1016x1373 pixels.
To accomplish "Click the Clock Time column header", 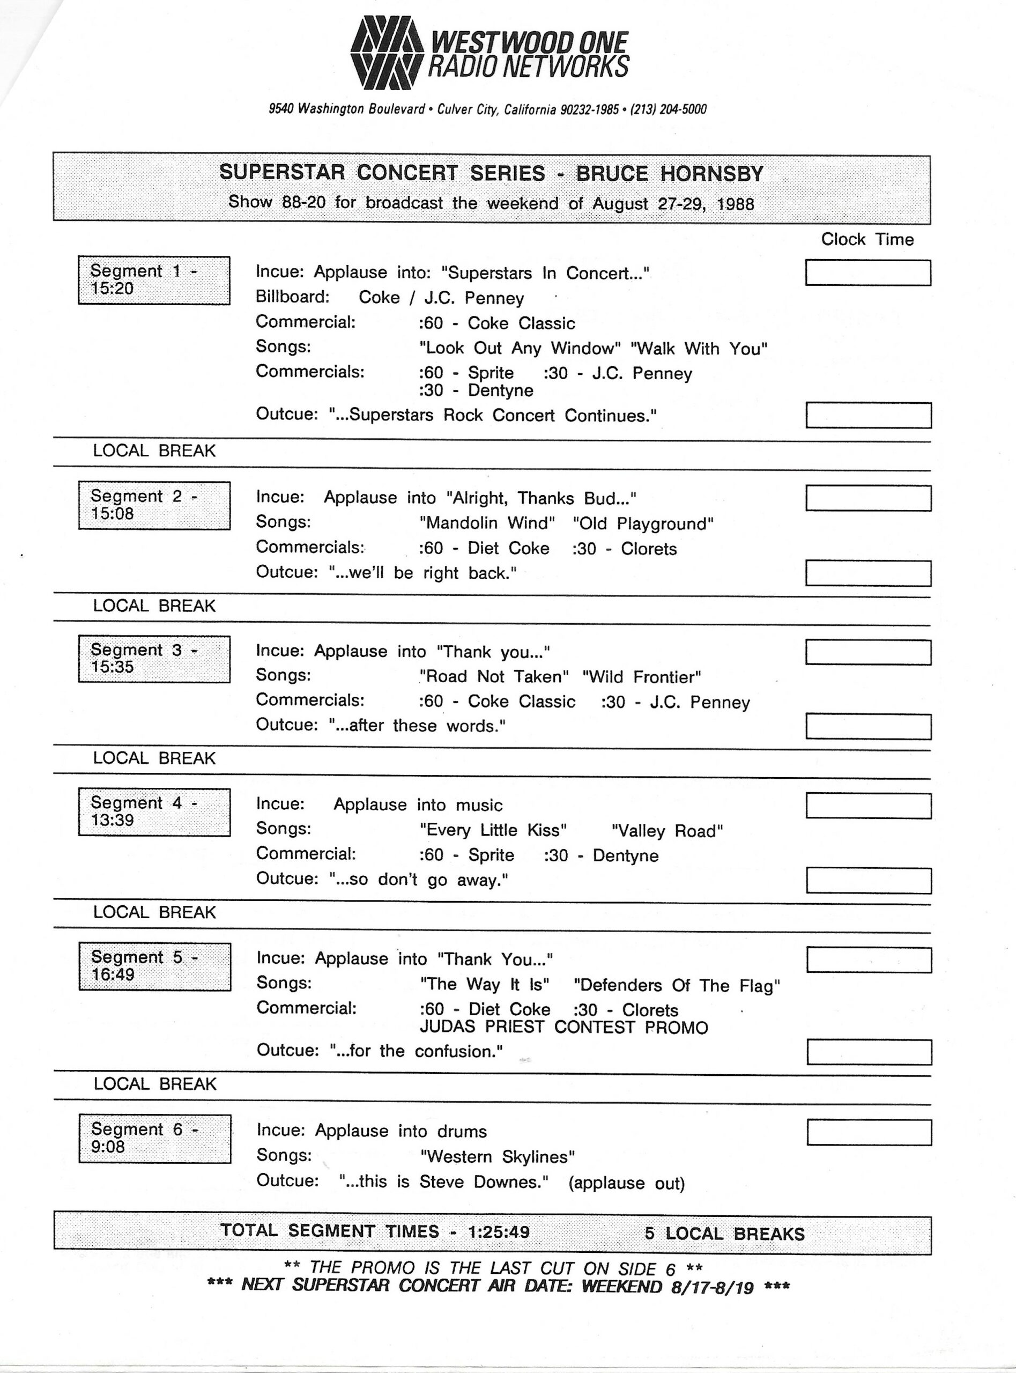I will (867, 239).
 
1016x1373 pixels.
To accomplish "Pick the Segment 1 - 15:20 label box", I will (154, 280).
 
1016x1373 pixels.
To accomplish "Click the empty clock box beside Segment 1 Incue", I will (868, 272).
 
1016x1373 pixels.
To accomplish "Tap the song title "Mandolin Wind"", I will (487, 523).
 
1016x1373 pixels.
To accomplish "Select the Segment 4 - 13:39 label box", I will (154, 811).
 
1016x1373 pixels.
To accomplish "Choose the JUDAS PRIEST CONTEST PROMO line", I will (563, 1027).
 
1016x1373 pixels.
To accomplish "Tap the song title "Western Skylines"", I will (497, 1156).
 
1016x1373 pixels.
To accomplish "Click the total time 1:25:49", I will (498, 1230).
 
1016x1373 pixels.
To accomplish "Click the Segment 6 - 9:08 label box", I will (154, 1138).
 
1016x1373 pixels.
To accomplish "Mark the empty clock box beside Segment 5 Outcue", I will (869, 1051).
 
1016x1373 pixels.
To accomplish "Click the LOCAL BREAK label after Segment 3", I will (154, 758).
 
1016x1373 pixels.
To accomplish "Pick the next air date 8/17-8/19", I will (712, 1286).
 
